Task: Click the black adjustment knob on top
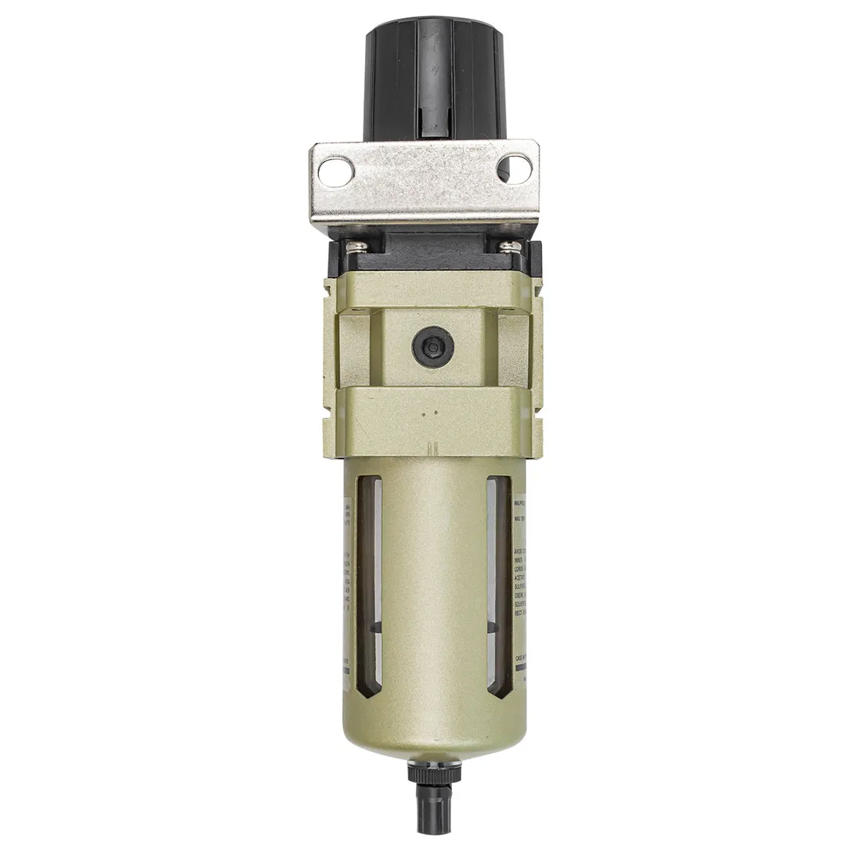pos(423,78)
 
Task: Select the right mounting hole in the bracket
pos(515,165)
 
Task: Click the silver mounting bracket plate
pos(423,184)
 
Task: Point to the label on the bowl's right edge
pos(519,580)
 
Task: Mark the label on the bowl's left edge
pos(347,580)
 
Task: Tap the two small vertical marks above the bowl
pos(429,450)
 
